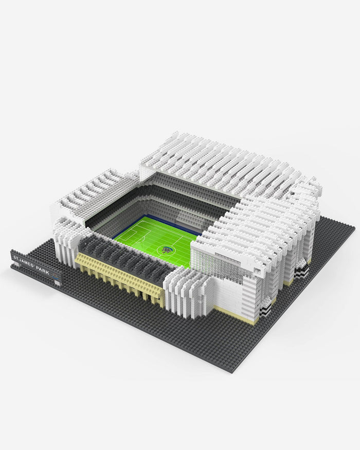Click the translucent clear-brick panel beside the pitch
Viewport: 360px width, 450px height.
pos(216,267)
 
